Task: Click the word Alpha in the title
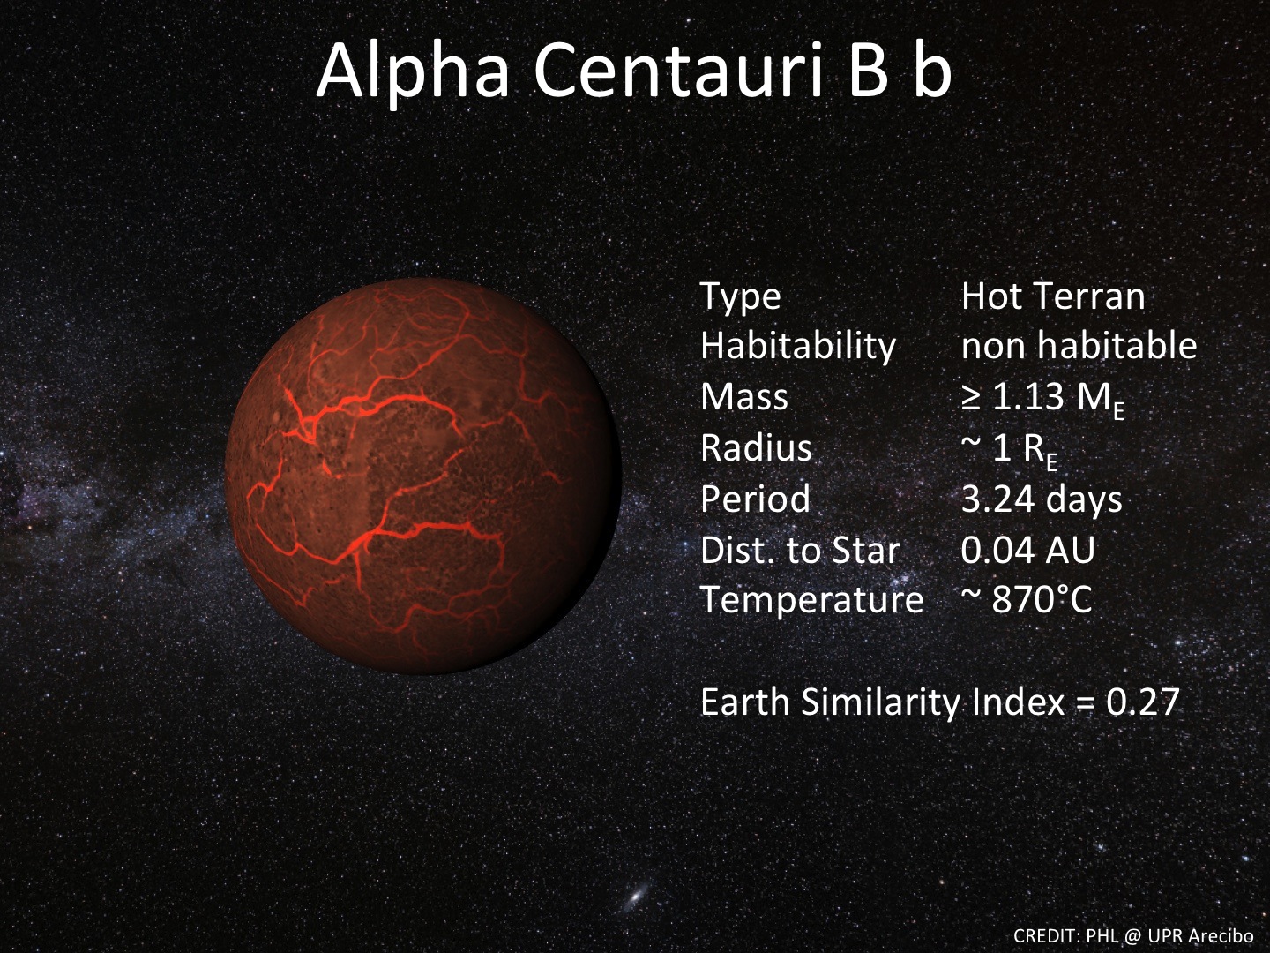(413, 71)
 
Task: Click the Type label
(740, 296)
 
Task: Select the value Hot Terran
(1052, 296)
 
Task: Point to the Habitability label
(797, 346)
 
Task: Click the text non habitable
(1079, 346)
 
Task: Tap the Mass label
(743, 397)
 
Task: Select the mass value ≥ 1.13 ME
(1042, 399)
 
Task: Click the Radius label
(756, 448)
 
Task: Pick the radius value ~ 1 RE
(1009, 450)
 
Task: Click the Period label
(755, 499)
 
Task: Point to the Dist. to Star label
(799, 551)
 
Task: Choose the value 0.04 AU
(1027, 551)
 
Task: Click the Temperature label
(811, 601)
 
